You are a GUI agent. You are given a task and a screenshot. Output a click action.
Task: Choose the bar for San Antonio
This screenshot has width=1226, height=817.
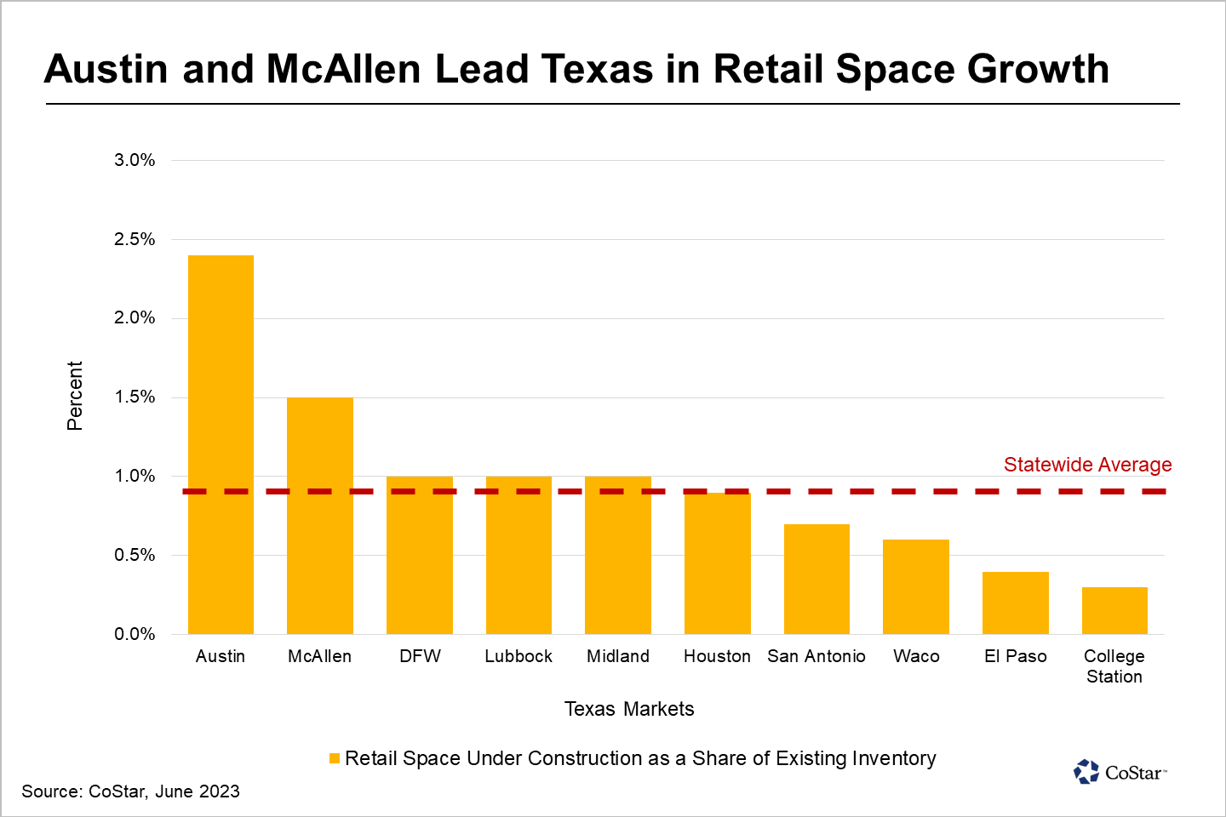(x=816, y=579)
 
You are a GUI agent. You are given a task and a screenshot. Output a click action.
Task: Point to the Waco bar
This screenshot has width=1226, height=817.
(x=916, y=586)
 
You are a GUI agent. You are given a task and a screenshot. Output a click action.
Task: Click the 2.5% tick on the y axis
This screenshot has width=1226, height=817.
(x=135, y=239)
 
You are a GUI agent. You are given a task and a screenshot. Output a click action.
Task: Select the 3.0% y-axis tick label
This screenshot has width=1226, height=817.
(x=135, y=160)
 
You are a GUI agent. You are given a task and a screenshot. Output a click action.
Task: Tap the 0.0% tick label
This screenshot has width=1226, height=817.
(x=135, y=634)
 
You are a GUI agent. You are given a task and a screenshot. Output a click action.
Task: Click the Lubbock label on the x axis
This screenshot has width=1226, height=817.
(x=518, y=656)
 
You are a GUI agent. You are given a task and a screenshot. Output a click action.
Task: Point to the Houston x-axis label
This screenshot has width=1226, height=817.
(x=717, y=656)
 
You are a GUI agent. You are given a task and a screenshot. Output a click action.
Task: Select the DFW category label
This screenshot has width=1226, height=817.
(x=420, y=656)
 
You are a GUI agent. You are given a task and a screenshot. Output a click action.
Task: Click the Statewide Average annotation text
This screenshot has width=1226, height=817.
(x=1087, y=465)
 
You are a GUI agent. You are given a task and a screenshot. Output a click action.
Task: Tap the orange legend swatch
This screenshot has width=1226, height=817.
(x=335, y=758)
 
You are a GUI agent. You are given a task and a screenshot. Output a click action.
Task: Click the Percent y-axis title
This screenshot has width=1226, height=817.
(x=75, y=396)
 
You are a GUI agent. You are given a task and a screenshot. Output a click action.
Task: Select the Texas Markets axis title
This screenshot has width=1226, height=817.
(x=629, y=709)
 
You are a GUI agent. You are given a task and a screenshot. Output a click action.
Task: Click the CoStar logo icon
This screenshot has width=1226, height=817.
(x=1086, y=772)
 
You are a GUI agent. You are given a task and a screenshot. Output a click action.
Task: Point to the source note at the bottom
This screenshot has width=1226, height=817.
(x=130, y=791)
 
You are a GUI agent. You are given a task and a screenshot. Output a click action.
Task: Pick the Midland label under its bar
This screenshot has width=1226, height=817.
(x=618, y=656)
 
